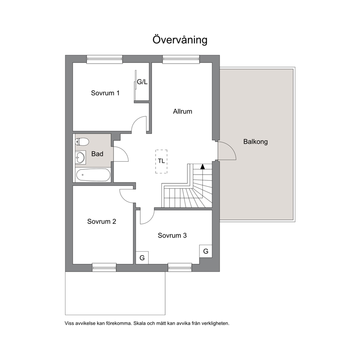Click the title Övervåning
coord(180,40)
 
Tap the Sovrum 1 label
coord(105,93)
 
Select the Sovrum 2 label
coord(102,222)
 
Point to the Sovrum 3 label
coord(172,235)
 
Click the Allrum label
coord(183,111)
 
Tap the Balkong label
coord(255,142)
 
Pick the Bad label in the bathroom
coord(97,154)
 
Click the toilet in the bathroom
coord(82,142)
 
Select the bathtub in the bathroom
coord(93,175)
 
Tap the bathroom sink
coord(80,157)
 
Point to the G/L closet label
coord(142,82)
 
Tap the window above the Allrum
coord(181,60)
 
